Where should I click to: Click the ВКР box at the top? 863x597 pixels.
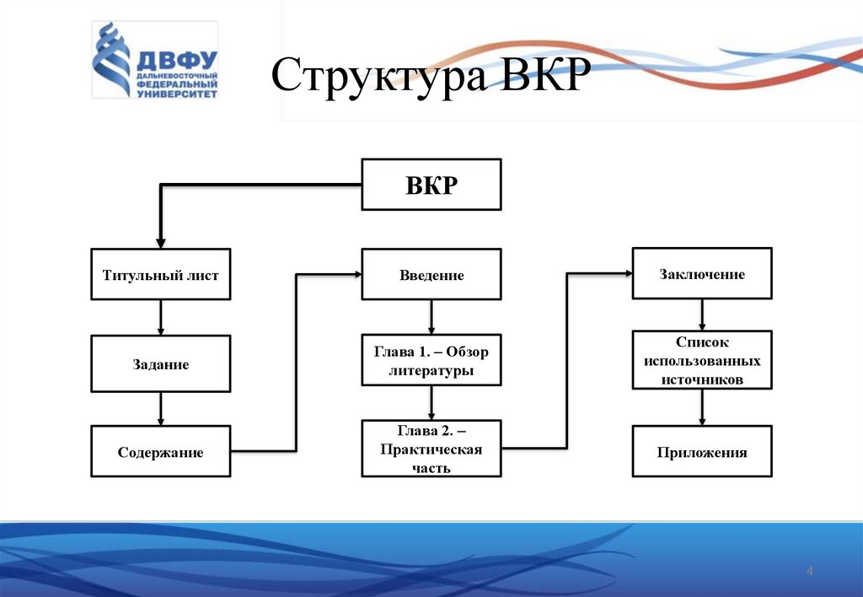click(431, 184)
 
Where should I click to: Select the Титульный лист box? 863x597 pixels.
click(160, 274)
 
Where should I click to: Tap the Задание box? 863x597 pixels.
click(160, 364)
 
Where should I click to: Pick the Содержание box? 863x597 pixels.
click(160, 453)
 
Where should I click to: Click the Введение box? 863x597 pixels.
click(431, 275)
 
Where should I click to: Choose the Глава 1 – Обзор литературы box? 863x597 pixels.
click(431, 361)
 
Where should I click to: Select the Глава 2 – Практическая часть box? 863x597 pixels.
click(431, 449)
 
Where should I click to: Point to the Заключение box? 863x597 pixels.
click(702, 273)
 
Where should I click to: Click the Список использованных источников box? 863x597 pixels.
click(702, 361)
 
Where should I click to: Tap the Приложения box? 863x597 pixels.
click(702, 452)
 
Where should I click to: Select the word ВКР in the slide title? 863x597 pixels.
click(541, 78)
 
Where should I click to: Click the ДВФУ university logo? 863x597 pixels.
click(154, 61)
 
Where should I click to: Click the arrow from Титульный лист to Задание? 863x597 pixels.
click(160, 317)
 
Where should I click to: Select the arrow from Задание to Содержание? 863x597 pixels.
click(160, 409)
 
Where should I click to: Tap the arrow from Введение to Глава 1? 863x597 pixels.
click(431, 317)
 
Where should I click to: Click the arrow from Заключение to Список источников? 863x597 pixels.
click(702, 314)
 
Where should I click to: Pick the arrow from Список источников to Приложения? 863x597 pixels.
click(702, 407)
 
